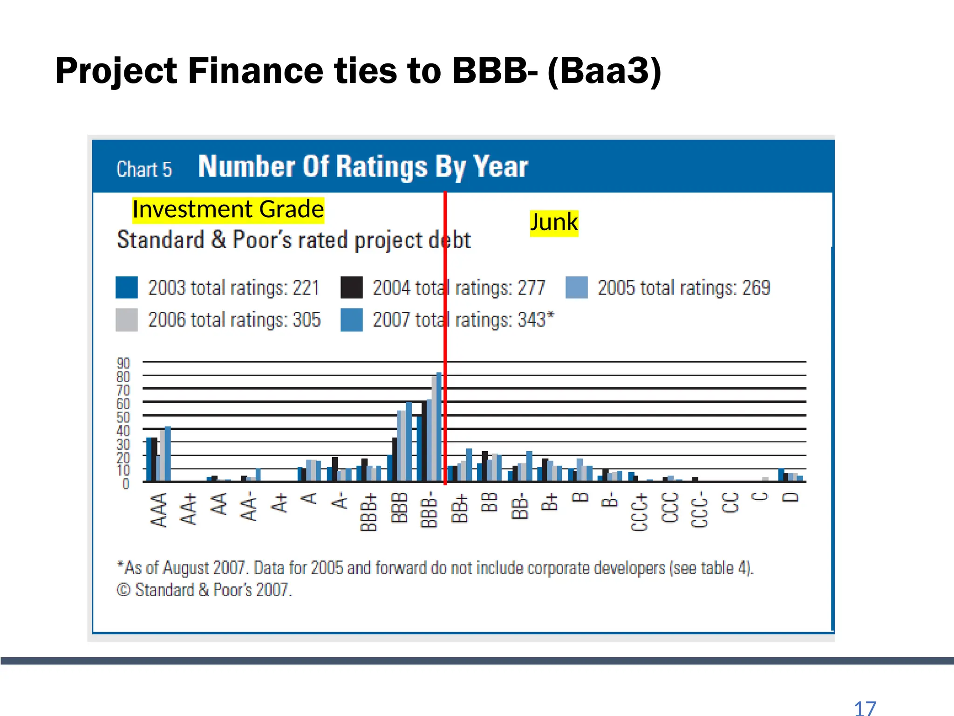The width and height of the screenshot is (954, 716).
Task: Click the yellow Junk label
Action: [x=554, y=223]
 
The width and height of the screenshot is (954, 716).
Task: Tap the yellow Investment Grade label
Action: [x=228, y=209]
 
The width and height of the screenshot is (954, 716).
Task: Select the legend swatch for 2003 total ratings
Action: [x=127, y=288]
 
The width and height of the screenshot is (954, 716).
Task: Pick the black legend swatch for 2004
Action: [x=351, y=288]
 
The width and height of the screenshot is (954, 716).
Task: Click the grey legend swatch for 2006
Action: [x=127, y=320]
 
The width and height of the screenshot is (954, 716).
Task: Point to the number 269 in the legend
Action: [x=756, y=288]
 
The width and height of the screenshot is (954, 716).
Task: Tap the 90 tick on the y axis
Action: [x=123, y=363]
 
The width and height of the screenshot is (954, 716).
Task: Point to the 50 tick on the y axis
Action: [x=123, y=417]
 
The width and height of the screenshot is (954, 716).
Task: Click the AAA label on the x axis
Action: [x=159, y=509]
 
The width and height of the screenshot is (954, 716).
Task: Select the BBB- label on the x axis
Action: [x=429, y=509]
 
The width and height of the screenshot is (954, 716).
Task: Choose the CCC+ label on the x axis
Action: [x=639, y=512]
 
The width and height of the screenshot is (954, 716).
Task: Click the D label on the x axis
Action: [x=790, y=497]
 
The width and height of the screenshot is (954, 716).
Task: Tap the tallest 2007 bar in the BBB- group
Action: [x=439, y=427]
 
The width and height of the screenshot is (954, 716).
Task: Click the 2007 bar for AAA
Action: [x=168, y=454]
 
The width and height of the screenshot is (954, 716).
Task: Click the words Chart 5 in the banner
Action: [x=144, y=169]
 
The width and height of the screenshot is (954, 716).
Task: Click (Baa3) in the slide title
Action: [x=604, y=71]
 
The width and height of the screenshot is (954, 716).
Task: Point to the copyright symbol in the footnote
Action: [x=123, y=590]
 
